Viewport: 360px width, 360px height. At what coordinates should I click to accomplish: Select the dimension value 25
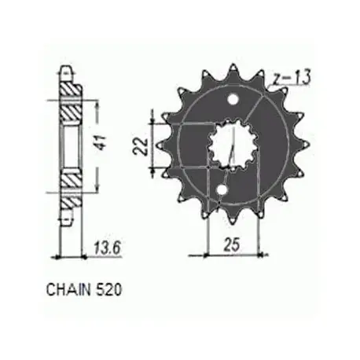232,244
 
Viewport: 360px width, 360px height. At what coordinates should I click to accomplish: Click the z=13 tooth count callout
290,77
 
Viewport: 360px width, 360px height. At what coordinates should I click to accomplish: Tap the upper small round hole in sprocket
233,100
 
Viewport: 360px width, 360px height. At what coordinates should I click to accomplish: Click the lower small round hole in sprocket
222,189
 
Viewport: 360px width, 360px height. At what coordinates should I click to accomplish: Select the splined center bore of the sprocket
233,145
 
